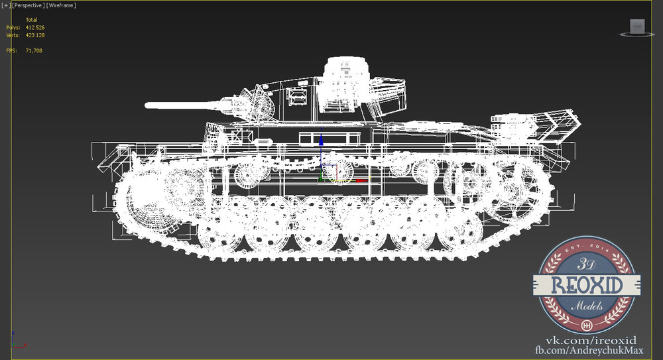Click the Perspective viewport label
click(28, 5)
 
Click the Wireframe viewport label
click(61, 5)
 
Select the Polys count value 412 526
click(35, 27)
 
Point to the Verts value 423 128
click(35, 35)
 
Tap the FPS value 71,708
click(34, 50)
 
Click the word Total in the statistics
click(31, 20)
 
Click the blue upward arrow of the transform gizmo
click(322, 140)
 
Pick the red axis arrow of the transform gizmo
click(361, 180)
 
